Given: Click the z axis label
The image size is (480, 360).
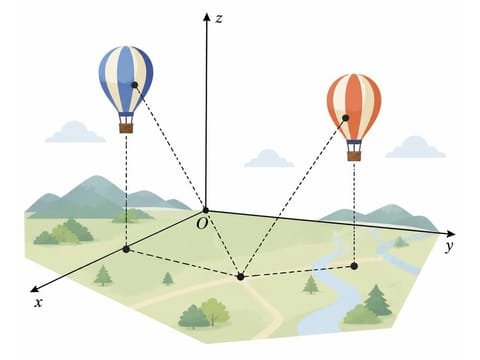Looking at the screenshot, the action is coord(219,19).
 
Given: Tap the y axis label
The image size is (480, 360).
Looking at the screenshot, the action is coord(450,247).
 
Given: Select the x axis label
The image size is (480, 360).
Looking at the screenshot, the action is coord(39,303).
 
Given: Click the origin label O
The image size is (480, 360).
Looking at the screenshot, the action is coord(202,224).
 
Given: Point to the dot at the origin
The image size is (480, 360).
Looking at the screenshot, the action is coord(206,210).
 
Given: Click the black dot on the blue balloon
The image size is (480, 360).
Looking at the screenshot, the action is coord(135,85).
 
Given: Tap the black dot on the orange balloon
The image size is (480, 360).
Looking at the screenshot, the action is coord(346,118).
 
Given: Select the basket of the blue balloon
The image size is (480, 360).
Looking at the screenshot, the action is coord(126,128).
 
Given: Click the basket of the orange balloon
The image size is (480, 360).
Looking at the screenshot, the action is coord(354,156).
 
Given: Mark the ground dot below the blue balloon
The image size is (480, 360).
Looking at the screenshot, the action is coord(126,249).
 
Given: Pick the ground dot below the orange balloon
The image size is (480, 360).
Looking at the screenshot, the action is coord(354,266).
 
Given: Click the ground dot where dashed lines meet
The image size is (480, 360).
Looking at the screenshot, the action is coord(241,277).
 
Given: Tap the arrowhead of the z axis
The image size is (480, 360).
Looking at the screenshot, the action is coord(207,17).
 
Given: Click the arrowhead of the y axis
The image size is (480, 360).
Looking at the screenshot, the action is coord(451,233).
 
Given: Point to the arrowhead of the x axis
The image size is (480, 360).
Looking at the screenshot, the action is coord(34,289).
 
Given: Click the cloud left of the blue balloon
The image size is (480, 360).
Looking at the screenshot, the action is coord(75,132).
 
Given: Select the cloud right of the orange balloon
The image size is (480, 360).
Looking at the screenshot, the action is coord(415,147).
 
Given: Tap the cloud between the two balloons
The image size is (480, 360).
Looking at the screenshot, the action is coord(269,158).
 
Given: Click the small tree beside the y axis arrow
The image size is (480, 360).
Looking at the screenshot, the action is coord(401,242).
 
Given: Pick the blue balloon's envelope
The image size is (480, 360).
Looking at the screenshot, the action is coord(126,79).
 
